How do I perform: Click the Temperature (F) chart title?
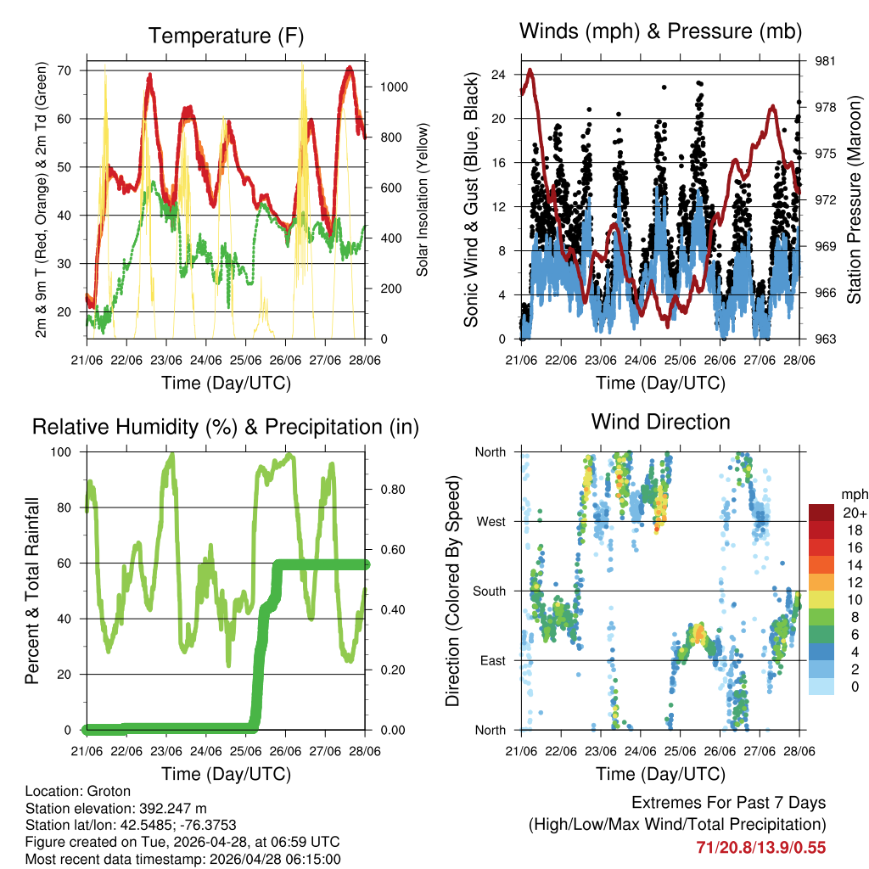pos(226,36)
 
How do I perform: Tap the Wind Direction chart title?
pos(660,422)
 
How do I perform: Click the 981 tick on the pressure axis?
pos(820,61)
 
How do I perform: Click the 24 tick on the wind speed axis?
pos(499,75)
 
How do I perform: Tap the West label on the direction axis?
pos(490,521)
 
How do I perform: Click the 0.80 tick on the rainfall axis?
pos(385,490)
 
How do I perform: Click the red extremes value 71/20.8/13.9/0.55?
pos(760,847)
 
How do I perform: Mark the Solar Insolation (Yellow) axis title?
pos(422,199)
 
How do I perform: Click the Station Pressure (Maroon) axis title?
pos(854,200)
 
